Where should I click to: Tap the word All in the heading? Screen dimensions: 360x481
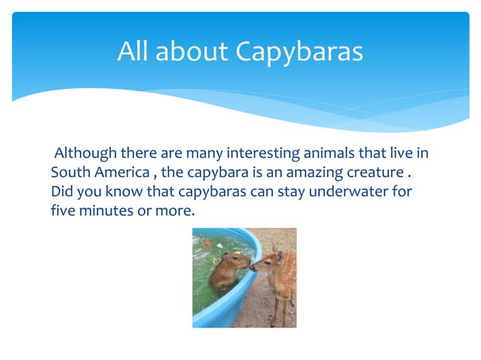tap(134, 51)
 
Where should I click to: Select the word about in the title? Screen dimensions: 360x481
tap(192, 51)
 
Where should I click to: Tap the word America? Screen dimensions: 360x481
tap(123, 173)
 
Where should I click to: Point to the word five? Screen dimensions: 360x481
tap(64, 212)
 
